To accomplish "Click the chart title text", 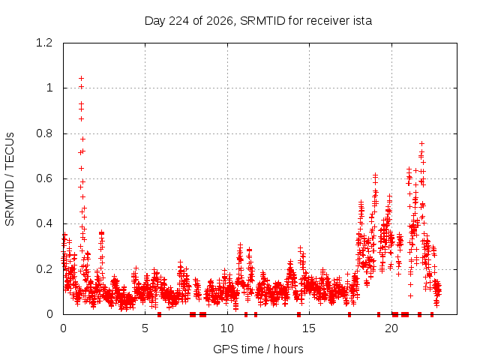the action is (258, 21).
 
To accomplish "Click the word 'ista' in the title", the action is (362, 21).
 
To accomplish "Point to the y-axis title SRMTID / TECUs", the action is (10, 179).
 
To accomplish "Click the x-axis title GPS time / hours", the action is (258, 349).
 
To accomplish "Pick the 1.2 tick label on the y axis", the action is (44, 43).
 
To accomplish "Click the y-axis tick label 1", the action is (49, 88).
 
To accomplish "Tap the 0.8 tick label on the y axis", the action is (44, 133).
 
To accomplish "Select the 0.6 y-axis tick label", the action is (44, 178).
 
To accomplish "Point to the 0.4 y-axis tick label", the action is (44, 223).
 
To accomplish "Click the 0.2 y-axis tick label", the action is (44, 269).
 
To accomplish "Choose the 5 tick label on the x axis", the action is (145, 328).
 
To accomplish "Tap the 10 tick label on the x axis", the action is (227, 328).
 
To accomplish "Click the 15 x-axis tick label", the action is (309, 328).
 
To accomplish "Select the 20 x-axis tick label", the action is (391, 328).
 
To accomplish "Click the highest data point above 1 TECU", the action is (81, 78).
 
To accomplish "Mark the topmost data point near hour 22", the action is (421, 143).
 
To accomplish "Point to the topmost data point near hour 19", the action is (375, 175).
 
